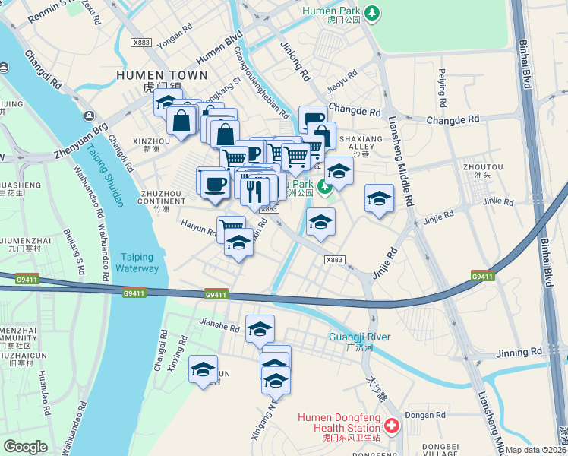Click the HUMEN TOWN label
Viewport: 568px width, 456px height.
(162, 75)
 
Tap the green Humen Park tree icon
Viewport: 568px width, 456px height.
(371, 13)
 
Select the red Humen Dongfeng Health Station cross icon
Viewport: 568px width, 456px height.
(391, 426)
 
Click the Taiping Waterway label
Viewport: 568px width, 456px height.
(137, 263)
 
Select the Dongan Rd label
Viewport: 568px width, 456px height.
(424, 415)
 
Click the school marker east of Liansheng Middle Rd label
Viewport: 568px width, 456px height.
(379, 199)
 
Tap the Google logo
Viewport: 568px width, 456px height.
(25, 447)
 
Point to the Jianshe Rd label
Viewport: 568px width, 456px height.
(219, 329)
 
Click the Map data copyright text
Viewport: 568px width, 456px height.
(535, 450)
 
